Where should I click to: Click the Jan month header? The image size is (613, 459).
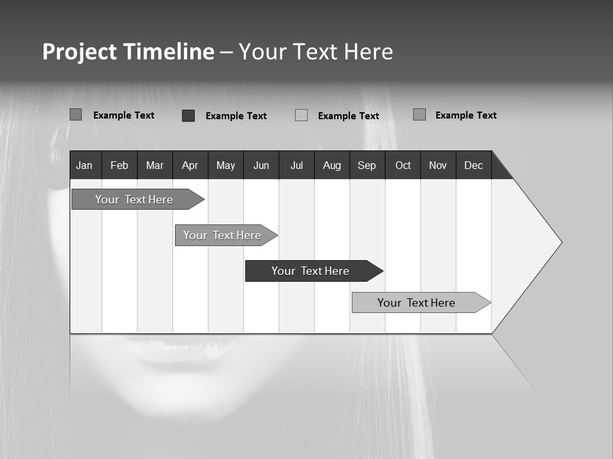pos(84,165)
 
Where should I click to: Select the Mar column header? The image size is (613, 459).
pos(155,165)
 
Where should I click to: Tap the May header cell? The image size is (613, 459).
pos(225,165)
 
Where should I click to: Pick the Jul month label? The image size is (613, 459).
pos(296,165)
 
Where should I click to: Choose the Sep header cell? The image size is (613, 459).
pos(367,165)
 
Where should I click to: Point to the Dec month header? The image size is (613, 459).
pos(473,165)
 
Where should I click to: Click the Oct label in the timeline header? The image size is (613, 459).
pos(403,165)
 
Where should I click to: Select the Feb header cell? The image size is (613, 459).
pos(119,165)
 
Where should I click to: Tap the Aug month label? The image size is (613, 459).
pos(331,165)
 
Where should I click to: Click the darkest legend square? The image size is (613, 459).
pos(188,115)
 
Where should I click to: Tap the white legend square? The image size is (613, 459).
pos(301,115)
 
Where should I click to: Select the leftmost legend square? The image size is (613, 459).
pos(76,115)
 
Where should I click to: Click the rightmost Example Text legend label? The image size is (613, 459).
pos(465,115)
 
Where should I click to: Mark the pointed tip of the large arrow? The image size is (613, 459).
pos(561,242)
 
